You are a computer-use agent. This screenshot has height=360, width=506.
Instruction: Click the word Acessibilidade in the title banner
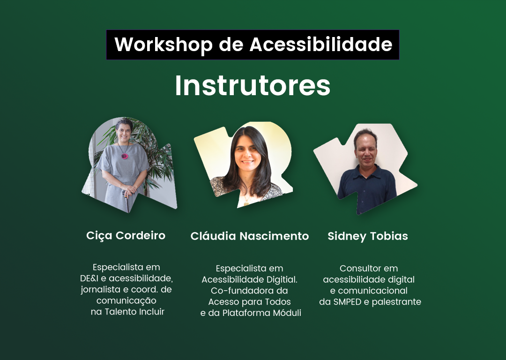[x=321, y=45]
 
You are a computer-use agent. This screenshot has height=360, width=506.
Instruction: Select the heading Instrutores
[x=253, y=86]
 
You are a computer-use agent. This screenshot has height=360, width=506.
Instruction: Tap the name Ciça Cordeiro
[x=126, y=235]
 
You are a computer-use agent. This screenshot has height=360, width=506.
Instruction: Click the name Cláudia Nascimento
[x=250, y=236]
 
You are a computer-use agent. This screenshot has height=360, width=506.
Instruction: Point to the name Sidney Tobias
[x=368, y=236]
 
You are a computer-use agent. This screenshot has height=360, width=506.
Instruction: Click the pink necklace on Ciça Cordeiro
[x=125, y=155]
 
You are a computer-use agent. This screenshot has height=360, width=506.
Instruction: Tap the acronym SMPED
[x=347, y=302]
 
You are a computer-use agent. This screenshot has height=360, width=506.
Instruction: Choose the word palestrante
[x=396, y=302]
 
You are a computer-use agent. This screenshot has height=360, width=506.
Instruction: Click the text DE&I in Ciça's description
[x=90, y=278]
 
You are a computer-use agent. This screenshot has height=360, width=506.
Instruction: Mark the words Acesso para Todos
[x=250, y=302]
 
